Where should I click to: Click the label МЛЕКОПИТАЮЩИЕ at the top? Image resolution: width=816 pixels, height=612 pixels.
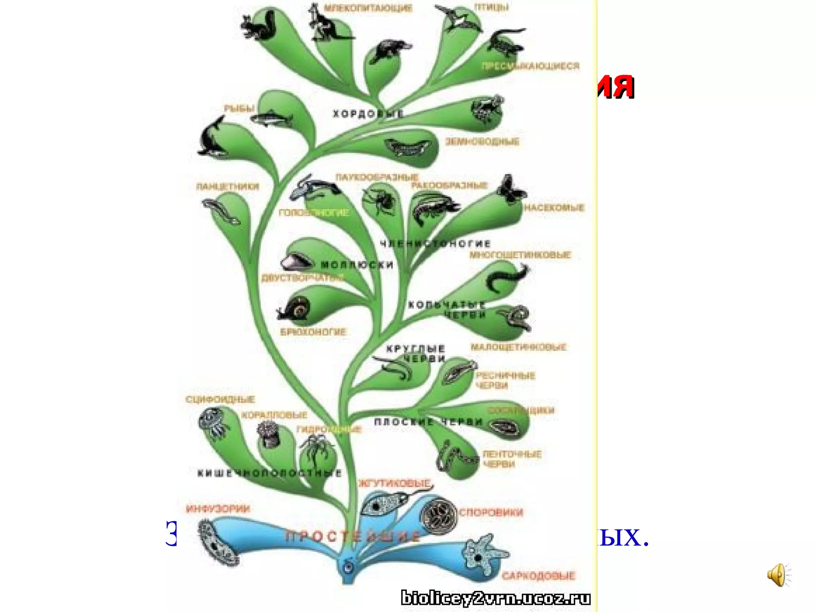coord(368,8)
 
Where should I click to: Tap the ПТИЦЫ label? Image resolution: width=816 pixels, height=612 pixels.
coord(491,7)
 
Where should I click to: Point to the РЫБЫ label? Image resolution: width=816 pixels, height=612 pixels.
coord(239,108)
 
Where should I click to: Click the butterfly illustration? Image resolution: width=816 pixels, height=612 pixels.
coord(511,190)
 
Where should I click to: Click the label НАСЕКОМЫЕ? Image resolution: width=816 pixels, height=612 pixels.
coord(554,208)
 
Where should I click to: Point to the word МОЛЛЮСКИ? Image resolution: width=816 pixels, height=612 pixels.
coord(357,265)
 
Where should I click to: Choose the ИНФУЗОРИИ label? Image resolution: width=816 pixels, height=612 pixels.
coord(218,509)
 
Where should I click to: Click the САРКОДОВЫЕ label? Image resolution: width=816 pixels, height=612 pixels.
coord(538,576)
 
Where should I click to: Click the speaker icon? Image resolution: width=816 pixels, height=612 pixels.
coord(778,575)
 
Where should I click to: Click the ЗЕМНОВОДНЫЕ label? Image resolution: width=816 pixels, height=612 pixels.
coord(482,141)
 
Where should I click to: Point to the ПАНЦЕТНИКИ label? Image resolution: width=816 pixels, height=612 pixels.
coord(228,186)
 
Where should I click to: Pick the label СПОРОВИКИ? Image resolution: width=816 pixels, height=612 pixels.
coord(491,512)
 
